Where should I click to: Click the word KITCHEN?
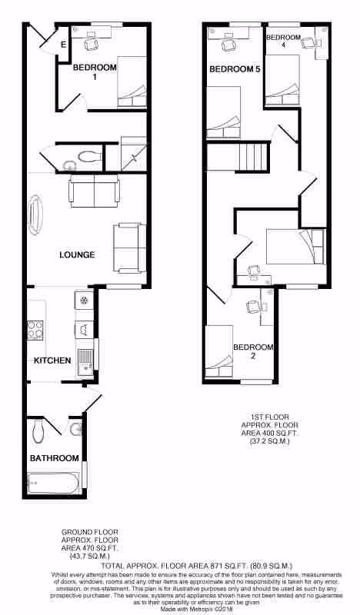point(52,361)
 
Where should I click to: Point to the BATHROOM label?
point(55,459)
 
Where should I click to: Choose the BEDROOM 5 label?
point(235,70)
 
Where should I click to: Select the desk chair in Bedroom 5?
point(228,45)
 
